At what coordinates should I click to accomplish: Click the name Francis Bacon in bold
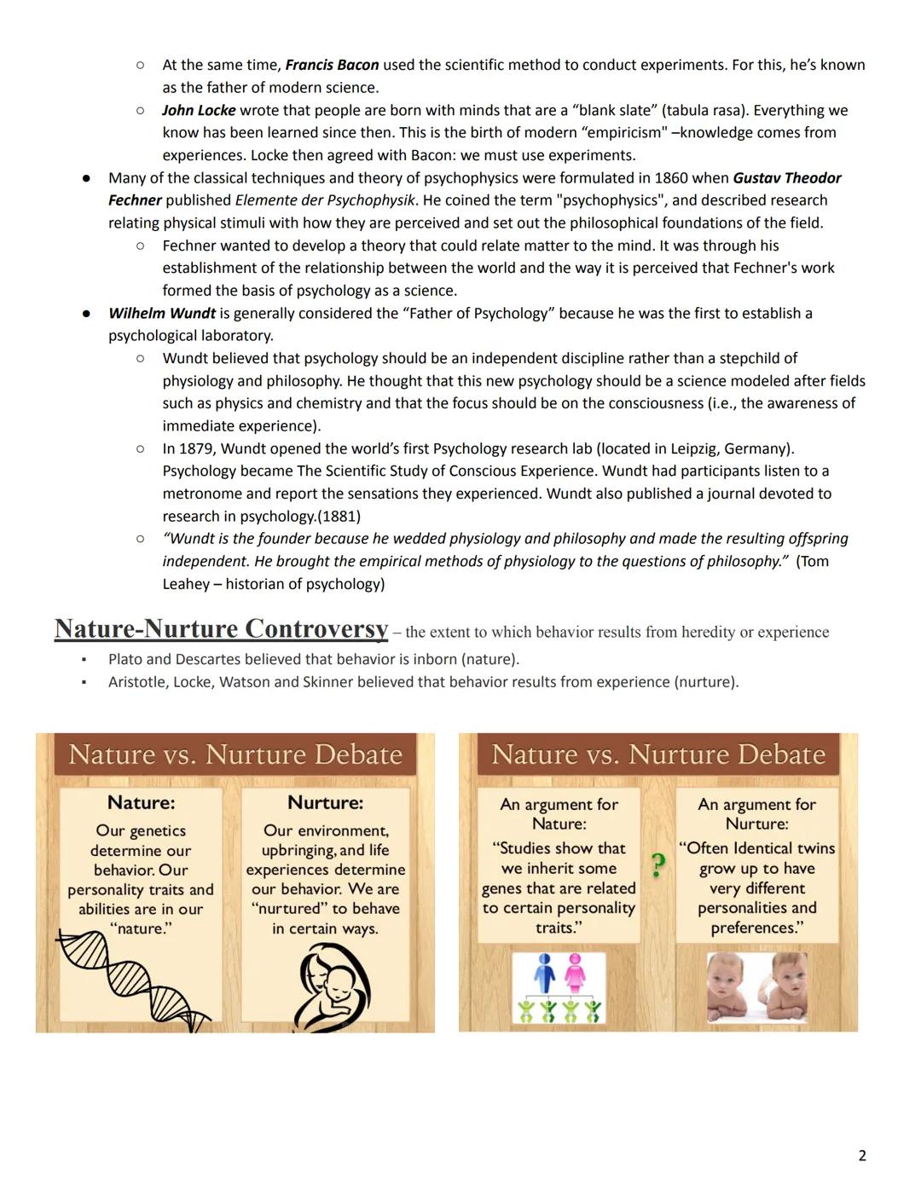332,65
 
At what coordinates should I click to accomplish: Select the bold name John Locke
199,110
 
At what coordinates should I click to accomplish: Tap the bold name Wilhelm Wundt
162,313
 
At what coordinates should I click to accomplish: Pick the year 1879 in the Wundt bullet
196,448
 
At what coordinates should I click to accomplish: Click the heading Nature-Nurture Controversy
221,629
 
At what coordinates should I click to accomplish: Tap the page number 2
862,1155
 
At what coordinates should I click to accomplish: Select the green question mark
657,865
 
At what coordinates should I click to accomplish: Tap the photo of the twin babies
756,986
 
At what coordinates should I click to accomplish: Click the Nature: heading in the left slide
141,802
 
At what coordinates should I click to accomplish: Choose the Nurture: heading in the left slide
325,802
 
